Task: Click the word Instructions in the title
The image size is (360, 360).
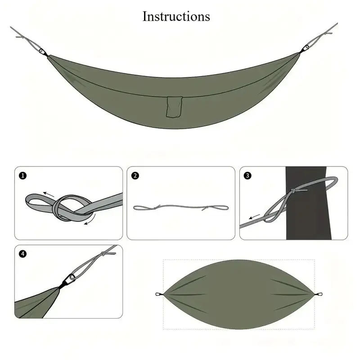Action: tap(176, 17)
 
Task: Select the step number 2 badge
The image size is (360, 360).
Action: tap(135, 175)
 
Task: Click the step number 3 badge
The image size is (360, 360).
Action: tap(247, 175)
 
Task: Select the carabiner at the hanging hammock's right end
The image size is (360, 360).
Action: tap(306, 47)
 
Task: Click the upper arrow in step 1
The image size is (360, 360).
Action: tap(50, 195)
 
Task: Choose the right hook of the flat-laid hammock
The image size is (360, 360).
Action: tap(319, 295)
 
